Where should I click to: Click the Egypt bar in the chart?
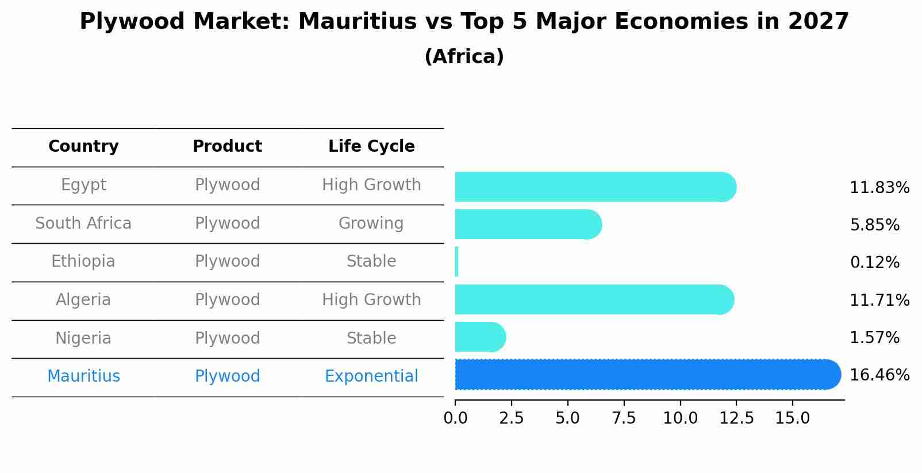[x=592, y=187]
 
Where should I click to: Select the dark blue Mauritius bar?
[x=644, y=375]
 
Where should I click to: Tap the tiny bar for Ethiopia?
[x=457, y=262]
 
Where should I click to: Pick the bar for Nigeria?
[x=478, y=337]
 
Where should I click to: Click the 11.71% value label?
[x=879, y=300]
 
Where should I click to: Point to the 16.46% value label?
[x=879, y=375]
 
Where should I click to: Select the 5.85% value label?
[x=874, y=225]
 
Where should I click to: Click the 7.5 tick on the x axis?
[x=624, y=418]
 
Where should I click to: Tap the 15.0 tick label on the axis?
[x=792, y=418]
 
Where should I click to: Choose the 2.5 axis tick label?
[x=511, y=418]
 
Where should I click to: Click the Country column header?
[x=83, y=147]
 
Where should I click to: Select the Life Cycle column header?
[x=371, y=147]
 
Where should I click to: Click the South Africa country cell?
[x=83, y=223]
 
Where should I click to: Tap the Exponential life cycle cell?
[x=371, y=376]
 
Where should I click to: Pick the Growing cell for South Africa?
[x=371, y=223]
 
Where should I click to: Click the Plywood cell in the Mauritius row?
[x=227, y=376]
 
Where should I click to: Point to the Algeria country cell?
[x=83, y=300]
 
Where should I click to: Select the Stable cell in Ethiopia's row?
[x=371, y=262]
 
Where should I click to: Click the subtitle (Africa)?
[x=464, y=57]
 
